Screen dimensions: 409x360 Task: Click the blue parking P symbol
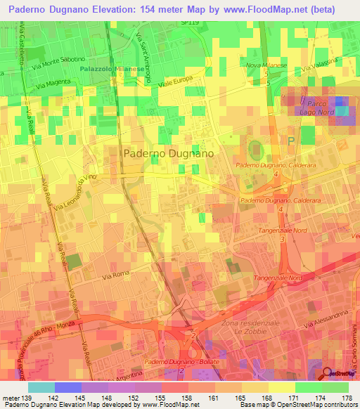coord(292,141)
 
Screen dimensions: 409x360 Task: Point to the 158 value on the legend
coord(187,398)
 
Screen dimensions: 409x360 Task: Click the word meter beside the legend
coord(11,398)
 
